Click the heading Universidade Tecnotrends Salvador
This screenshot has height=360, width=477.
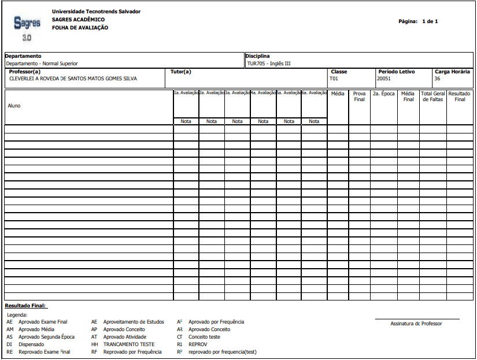point(96,12)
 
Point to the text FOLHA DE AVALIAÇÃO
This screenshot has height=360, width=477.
point(80,28)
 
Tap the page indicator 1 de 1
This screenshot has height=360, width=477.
point(430,21)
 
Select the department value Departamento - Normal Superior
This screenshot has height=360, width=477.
point(42,64)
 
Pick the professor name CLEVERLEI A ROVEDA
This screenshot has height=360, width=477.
point(73,79)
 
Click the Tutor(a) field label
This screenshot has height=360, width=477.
point(181,72)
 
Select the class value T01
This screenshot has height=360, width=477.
point(334,79)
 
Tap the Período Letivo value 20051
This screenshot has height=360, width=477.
point(384,79)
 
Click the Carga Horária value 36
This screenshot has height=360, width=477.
point(438,79)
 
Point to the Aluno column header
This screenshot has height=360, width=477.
point(14,106)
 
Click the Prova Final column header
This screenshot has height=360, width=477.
point(359,96)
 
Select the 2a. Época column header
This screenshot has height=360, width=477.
point(383,93)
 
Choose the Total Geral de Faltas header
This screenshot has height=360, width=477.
point(433,96)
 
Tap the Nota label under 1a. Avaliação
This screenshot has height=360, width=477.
point(186,121)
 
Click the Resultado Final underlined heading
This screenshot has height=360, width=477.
point(25,306)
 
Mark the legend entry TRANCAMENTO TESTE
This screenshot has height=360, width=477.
point(130,344)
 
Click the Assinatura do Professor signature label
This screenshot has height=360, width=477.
point(416,324)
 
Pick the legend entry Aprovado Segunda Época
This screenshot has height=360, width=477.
point(46,337)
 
